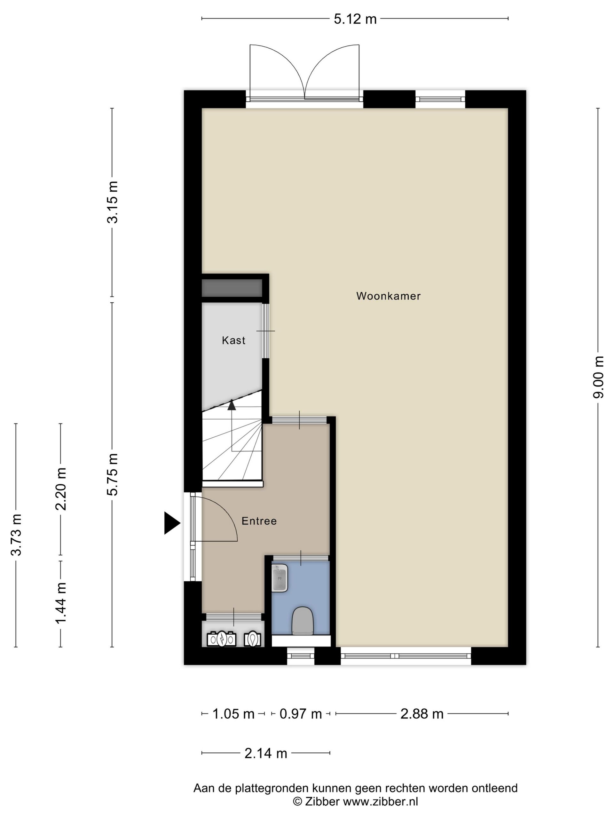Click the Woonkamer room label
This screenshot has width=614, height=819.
(388, 296)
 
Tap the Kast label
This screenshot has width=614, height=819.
(233, 340)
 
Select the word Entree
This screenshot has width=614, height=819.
(259, 521)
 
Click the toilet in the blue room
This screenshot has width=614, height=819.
(303, 621)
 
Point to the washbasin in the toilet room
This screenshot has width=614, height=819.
(279, 577)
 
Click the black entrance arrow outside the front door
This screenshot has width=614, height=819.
(171, 523)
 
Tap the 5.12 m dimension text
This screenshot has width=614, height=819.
(355, 19)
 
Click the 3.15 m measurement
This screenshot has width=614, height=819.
(112, 202)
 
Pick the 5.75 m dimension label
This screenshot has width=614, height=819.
(112, 474)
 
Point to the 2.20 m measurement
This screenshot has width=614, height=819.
(61, 489)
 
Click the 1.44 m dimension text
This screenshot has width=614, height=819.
(61, 603)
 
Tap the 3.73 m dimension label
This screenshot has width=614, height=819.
(16, 535)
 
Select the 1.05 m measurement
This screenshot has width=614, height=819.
(233, 713)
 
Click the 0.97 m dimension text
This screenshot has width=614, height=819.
(301, 713)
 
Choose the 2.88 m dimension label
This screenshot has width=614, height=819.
(421, 713)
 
